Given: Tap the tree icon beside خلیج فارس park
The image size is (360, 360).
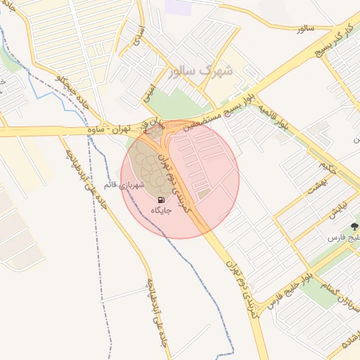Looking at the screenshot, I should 354,227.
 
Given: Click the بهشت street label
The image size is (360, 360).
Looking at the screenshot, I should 324,186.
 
